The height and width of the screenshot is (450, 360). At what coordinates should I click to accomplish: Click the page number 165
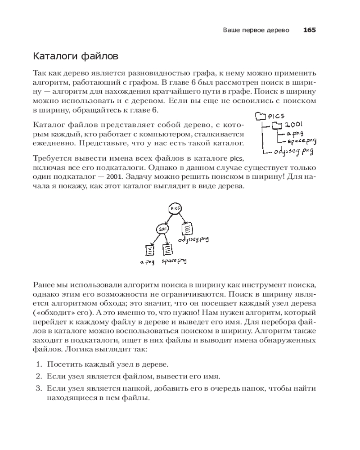(x=309, y=30)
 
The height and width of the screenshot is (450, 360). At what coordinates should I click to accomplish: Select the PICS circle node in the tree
(x=175, y=209)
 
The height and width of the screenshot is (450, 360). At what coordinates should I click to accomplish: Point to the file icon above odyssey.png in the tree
(x=187, y=229)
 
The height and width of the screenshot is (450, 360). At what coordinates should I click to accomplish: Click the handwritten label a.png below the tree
(x=147, y=263)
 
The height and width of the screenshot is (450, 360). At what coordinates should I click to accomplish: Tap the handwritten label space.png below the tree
(x=174, y=261)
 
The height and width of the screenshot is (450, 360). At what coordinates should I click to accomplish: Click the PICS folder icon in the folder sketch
(x=261, y=117)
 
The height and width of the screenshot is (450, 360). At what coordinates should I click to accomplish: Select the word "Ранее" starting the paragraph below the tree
(x=44, y=284)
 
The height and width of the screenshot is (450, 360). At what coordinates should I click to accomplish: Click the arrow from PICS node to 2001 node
(x=169, y=219)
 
